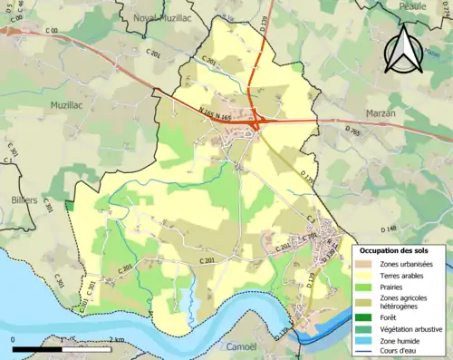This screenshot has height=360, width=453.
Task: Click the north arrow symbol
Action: point(404,49)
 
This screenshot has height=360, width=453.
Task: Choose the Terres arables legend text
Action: point(404,277)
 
